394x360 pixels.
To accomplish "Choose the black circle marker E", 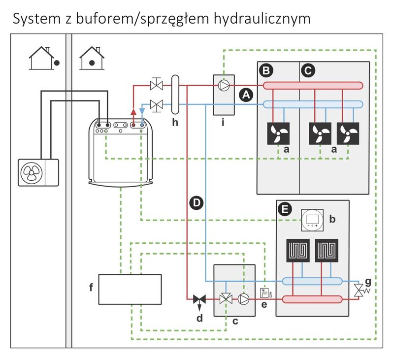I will (284, 209).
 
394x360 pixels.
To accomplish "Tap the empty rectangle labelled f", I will (130, 289).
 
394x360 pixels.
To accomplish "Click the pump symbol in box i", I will (224, 86).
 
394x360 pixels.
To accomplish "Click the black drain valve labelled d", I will (199, 299).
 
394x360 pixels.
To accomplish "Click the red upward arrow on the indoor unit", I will (133, 111).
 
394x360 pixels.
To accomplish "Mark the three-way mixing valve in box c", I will (226, 298).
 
